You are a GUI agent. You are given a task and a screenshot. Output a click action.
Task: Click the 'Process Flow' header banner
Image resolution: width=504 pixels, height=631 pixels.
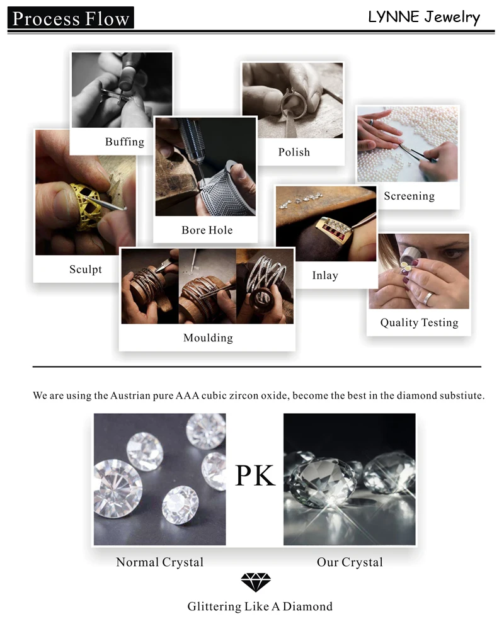coord(71,18)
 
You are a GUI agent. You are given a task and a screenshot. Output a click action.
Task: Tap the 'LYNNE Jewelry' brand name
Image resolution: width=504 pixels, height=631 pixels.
coord(423,17)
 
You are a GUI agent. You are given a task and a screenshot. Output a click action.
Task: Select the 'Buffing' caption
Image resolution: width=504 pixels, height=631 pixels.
coord(125,142)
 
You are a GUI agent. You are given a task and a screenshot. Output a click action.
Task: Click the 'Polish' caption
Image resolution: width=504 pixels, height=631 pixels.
coord(294,152)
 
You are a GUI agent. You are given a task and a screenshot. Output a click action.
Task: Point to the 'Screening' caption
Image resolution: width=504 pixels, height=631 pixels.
coord(409,196)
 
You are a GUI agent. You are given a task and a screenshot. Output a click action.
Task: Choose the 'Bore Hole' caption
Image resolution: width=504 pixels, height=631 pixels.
coord(207,230)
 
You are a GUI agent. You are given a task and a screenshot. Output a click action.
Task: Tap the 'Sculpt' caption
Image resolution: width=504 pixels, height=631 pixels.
coord(86,269)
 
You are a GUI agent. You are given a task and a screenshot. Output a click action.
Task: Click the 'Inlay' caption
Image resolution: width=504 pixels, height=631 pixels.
coord(325,275)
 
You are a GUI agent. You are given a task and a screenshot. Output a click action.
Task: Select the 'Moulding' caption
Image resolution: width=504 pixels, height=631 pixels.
coord(208,338)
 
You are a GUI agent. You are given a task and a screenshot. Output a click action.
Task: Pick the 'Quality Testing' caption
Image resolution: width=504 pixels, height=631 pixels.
coord(419,322)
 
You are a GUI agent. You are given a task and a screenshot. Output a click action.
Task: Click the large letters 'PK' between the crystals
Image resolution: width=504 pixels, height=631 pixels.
coord(255,476)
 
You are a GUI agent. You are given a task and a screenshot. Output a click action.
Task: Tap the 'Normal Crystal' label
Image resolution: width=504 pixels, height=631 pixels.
coord(160,562)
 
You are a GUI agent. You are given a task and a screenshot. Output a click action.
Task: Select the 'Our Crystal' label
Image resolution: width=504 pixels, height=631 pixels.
coord(350,562)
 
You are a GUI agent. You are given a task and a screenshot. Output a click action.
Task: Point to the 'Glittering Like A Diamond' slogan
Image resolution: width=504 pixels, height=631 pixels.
coord(260,606)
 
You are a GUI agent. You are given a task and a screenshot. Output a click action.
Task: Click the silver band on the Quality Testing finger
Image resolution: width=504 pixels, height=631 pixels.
coord(429,297)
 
